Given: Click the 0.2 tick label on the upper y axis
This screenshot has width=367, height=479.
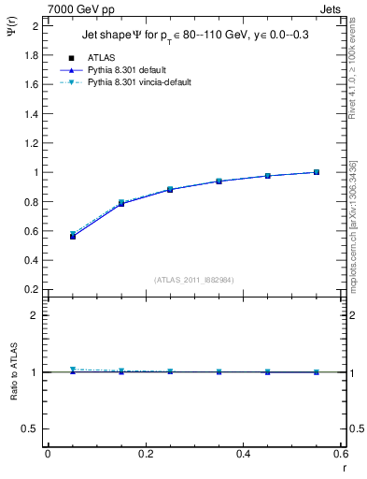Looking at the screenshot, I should coord(32,289).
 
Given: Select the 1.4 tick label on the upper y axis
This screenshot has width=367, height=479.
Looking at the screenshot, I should coord(32,114).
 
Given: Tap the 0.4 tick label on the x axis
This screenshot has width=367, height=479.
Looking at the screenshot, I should coord(243,454).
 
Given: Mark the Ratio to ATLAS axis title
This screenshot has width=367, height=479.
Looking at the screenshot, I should coord(14,372).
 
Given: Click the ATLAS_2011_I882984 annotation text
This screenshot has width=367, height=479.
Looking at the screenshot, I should coord(193,279).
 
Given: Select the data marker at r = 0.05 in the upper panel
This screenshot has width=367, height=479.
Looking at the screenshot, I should coord(72,236).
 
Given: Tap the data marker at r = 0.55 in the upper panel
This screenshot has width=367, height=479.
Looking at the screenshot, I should coord(317,172).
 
